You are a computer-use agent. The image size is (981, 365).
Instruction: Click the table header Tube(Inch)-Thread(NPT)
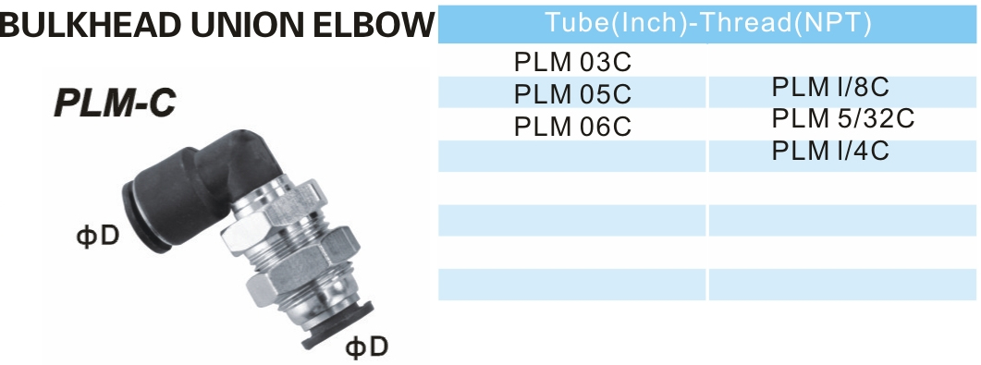pos(708,23)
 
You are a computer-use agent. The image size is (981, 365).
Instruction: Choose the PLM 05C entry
pos(572,94)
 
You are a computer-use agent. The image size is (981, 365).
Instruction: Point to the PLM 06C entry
pos(572,126)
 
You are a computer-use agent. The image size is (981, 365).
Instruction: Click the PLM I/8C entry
pos(830,88)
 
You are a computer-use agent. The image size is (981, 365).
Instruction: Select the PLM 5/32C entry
pos(842,118)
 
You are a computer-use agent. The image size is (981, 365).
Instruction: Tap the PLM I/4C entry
pos(830,150)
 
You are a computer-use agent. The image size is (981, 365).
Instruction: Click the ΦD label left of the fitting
pos(97,235)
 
